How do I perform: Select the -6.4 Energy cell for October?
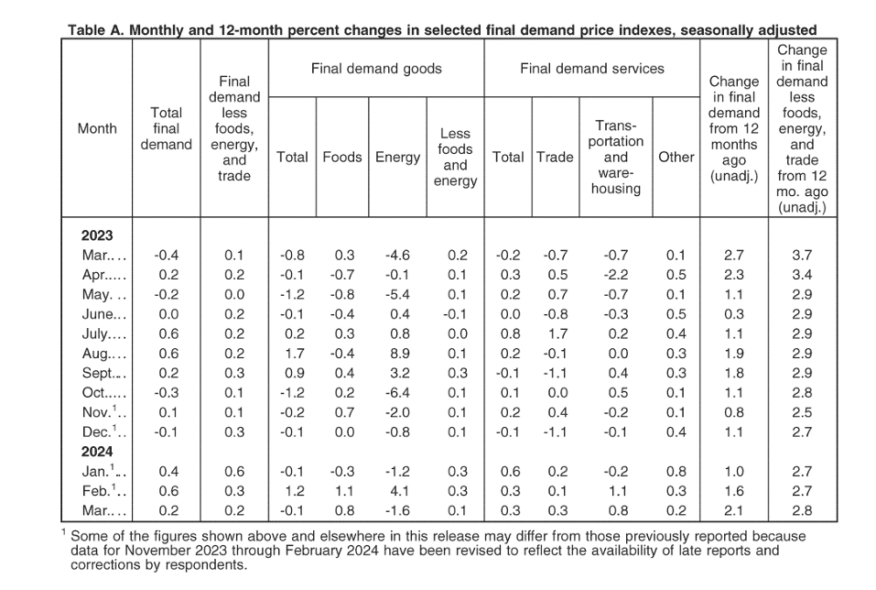click(398, 393)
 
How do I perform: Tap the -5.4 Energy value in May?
click(398, 294)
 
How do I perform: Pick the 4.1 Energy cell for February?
click(400, 491)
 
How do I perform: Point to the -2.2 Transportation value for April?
click(616, 275)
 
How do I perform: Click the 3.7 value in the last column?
click(802, 255)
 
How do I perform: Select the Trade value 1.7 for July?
click(558, 333)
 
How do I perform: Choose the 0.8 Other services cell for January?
click(676, 472)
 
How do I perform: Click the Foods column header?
click(342, 158)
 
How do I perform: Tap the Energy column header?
click(398, 158)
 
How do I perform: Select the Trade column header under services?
click(556, 158)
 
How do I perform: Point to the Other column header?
click(676, 158)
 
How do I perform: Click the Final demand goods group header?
click(376, 69)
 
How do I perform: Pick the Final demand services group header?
click(592, 69)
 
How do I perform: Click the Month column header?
click(97, 128)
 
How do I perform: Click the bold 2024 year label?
click(97, 452)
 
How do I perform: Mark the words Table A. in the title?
click(96, 29)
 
